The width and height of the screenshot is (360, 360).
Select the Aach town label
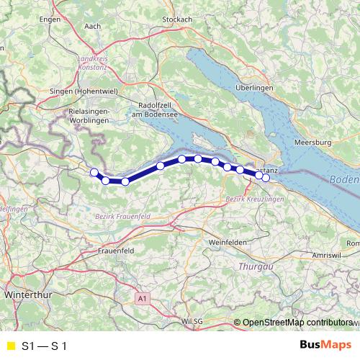click(93, 27)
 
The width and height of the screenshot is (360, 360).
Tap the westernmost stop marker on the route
click(94, 171)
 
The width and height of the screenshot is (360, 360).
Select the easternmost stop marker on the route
click(266, 177)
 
